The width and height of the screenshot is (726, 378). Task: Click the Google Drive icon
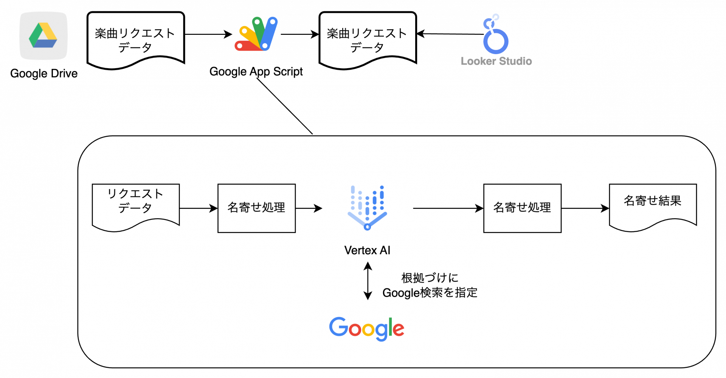coord(43,36)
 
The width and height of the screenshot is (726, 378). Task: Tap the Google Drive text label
coord(44,73)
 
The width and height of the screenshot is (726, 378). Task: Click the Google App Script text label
coord(256,72)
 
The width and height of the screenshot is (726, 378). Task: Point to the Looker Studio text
coord(496,61)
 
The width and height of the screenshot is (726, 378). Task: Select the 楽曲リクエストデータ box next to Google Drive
coord(135,40)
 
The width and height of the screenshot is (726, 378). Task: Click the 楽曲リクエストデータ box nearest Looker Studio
coord(367,40)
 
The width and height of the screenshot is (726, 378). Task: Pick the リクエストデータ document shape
coord(135,204)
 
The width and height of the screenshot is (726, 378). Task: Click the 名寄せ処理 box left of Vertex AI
coord(256,208)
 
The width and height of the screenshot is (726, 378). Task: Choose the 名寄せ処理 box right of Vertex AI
coord(522,208)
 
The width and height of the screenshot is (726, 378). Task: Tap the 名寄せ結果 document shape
coord(653,204)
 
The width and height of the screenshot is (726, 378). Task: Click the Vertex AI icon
coord(367,207)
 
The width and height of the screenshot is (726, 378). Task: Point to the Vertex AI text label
coord(367,250)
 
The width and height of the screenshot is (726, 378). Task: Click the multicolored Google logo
coord(366,328)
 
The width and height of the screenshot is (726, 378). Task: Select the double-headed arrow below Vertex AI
coord(368,282)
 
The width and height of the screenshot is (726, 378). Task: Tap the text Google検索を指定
coord(430,292)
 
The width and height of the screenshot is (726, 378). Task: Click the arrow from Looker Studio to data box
coord(450,34)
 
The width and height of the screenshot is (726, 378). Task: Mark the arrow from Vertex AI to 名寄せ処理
coord(448,208)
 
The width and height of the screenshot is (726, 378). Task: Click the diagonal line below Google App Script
coord(285,106)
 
